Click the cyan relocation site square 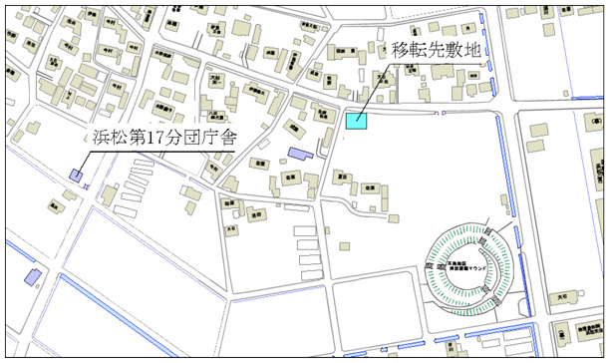(356, 121)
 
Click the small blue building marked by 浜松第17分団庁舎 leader (76, 176)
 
